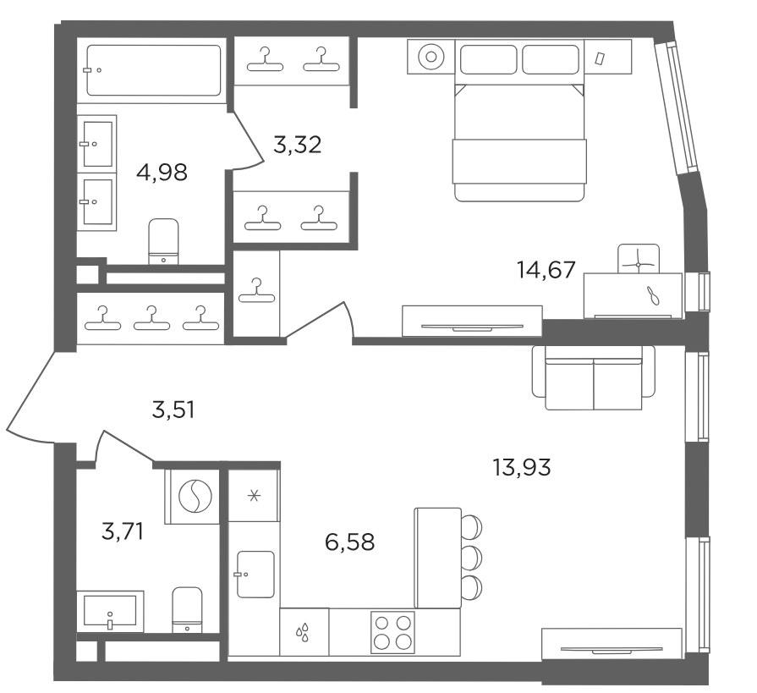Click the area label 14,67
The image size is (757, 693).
(x=546, y=270)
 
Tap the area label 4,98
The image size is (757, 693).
(x=162, y=173)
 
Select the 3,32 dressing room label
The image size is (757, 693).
(x=298, y=145)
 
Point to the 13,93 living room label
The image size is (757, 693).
(x=521, y=467)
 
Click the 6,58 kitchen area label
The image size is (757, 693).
(x=350, y=542)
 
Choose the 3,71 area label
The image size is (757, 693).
(x=123, y=531)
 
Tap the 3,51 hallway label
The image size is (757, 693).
(x=173, y=410)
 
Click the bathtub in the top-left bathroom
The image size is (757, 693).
(x=154, y=70)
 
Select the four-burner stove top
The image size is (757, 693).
(x=392, y=632)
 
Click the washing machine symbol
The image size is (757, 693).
(x=193, y=496)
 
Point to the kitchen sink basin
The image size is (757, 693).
(x=255, y=575)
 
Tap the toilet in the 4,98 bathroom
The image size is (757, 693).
(x=163, y=241)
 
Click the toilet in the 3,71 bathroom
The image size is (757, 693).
(x=187, y=610)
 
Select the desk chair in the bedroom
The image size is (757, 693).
(x=639, y=258)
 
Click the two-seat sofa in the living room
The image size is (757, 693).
(x=594, y=377)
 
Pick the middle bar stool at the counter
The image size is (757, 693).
(x=472, y=556)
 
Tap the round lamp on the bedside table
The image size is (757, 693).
(x=431, y=57)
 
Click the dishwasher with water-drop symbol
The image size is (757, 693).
(x=304, y=632)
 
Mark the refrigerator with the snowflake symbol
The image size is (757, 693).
(x=254, y=495)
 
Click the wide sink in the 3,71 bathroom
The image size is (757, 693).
(x=110, y=612)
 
